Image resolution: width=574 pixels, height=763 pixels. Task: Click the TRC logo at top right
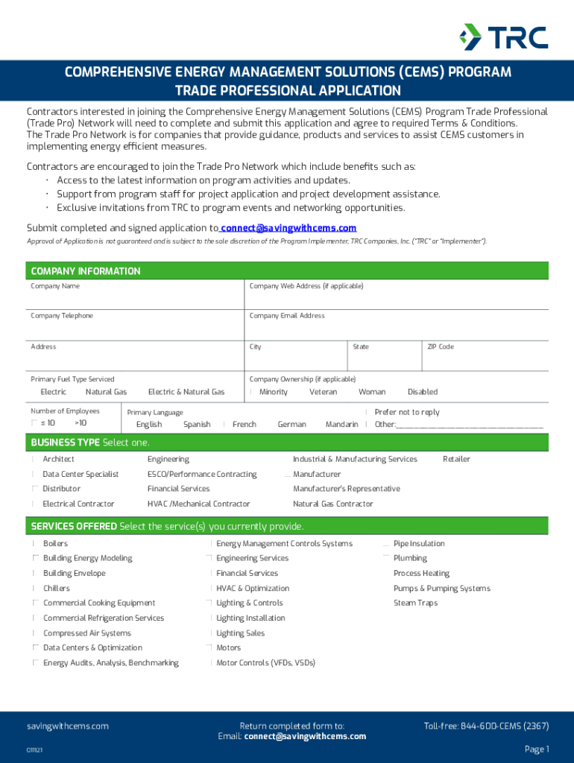(x=503, y=37)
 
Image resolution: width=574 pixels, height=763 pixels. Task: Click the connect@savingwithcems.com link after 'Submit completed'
(x=288, y=228)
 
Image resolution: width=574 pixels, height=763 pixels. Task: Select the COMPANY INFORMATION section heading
(x=86, y=271)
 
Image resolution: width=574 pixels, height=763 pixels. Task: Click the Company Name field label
(x=55, y=286)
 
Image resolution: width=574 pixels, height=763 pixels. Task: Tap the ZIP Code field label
(x=441, y=346)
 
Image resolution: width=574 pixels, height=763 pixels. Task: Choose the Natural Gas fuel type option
(x=106, y=392)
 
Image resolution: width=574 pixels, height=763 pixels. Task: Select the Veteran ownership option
(x=323, y=392)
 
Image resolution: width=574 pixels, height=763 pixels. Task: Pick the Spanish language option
(x=197, y=425)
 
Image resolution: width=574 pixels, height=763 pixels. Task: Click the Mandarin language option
(x=341, y=425)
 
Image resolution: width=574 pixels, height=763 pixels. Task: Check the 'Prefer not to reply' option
(x=406, y=412)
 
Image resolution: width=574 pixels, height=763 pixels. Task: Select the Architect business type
(x=58, y=459)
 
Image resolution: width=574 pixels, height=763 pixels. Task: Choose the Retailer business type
(x=456, y=459)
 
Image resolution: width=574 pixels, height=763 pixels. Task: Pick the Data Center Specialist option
(x=81, y=474)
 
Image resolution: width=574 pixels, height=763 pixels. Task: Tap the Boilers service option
(x=56, y=544)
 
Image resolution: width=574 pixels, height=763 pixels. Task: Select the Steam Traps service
(x=415, y=603)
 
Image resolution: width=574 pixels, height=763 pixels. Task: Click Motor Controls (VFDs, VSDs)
(x=265, y=662)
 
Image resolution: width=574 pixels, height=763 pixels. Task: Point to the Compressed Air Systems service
(x=86, y=633)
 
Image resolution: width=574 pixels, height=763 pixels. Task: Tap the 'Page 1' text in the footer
(x=537, y=749)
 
